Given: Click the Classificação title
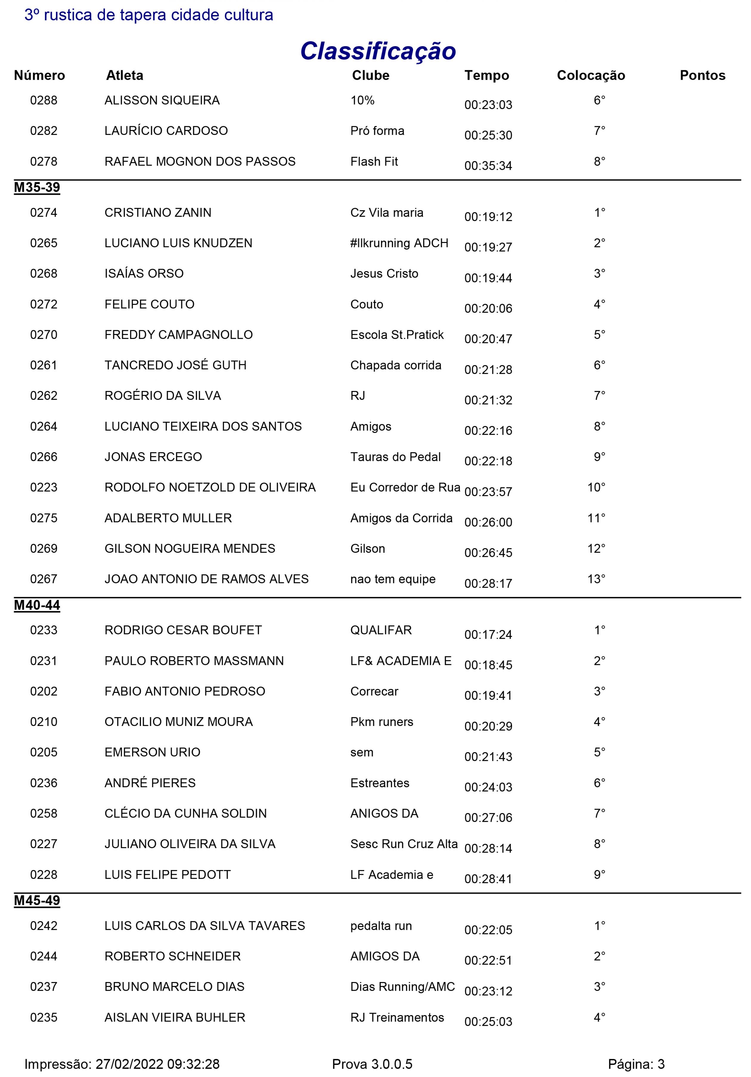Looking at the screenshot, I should pos(378,51).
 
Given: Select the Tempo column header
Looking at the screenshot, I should pos(487,76).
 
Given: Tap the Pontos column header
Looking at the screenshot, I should pos(702,76).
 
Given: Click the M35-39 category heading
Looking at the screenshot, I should pos(37,188).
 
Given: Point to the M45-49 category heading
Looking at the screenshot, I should pos(37,901).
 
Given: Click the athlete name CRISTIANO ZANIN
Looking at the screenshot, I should pos(158,213).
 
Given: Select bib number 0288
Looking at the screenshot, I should pos(44,100).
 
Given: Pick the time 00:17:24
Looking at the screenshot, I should pos(488,635).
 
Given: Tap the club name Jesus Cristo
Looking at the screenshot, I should pos(384,274).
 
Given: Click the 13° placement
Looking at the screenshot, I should pos(596,579).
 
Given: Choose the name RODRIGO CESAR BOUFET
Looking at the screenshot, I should pos(183,630).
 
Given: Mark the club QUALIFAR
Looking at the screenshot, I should pos(381,630).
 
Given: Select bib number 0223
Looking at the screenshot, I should pos(44,487).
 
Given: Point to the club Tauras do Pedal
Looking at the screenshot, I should pos(395,457).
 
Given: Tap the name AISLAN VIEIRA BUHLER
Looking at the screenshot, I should pos(175,1017).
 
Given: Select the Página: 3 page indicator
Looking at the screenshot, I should pos(636,1064).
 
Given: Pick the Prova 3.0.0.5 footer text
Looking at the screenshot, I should pos(372,1064).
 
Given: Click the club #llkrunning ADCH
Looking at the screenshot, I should pos(399,244).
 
